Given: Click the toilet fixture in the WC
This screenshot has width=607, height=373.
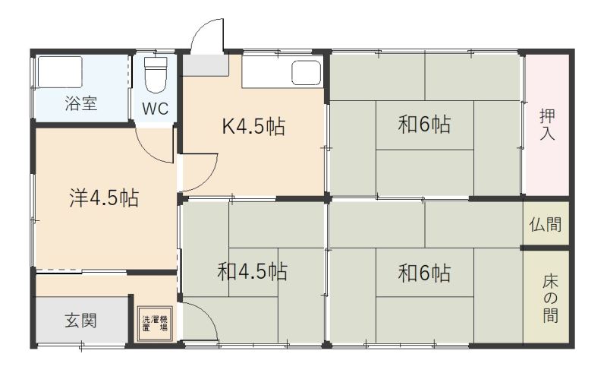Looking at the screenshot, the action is click(156, 75).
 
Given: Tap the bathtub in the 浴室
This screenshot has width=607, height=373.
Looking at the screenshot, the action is click(60, 72).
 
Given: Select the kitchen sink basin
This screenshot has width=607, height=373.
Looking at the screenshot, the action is click(307, 72).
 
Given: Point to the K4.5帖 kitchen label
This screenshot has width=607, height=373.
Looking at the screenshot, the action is click(254, 126).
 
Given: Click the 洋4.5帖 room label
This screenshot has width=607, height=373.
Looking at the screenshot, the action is click(104, 198).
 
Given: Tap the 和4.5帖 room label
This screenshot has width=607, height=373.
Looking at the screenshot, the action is click(253, 271).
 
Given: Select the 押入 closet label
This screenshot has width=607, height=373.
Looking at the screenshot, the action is click(547, 125).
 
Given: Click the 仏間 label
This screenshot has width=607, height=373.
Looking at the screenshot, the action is click(546, 225).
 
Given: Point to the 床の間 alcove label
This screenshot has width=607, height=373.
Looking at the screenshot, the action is click(550, 299).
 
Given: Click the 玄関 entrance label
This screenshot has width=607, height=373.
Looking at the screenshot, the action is click(80, 321).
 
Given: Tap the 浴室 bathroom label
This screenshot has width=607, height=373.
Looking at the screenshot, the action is click(81, 103).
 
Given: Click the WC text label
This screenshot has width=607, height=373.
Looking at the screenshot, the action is click(156, 109).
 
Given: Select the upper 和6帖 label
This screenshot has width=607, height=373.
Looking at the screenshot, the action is click(424, 125).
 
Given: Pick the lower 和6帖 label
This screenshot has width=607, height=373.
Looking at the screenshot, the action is click(424, 273).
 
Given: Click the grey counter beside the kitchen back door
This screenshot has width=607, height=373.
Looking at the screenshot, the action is click(206, 65).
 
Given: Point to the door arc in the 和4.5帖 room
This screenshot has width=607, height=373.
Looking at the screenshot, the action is click(208, 313).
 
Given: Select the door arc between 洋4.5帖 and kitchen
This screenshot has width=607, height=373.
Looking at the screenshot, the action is click(210, 178).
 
